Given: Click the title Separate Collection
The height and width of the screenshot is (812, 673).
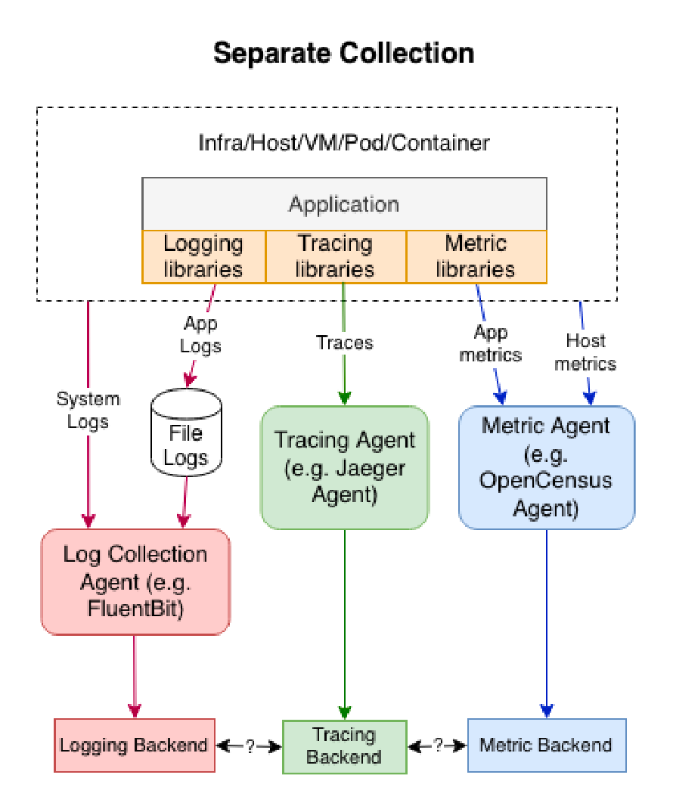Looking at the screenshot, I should click(343, 54).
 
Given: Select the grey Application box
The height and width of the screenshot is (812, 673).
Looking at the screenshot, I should click(344, 204).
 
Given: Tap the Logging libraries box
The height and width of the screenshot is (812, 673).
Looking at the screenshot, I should click(203, 256).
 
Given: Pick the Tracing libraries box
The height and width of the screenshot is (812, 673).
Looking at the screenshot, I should click(335, 256).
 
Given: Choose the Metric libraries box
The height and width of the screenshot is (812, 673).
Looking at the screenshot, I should click(476, 256).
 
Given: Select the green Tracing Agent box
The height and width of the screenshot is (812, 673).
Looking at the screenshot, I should click(344, 467).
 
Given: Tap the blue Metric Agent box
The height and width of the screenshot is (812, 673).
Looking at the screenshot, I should click(546, 467).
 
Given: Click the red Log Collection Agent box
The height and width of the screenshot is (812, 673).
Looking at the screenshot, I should click(135, 581).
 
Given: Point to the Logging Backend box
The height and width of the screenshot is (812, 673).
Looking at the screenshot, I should click(134, 745).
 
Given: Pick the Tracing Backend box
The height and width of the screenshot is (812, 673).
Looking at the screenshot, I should click(344, 746).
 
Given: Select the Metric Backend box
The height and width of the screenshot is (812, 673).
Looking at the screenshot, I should click(546, 745).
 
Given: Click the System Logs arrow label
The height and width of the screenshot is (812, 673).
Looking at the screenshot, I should click(88, 411).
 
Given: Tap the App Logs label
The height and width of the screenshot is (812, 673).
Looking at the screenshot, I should click(200, 335).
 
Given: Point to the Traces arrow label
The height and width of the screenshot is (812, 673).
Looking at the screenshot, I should click(344, 342).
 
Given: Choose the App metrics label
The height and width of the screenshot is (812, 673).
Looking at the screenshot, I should click(491, 342).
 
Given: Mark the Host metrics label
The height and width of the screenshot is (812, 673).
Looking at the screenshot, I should click(585, 352).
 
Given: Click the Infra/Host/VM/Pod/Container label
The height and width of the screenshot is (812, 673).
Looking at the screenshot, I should click(344, 143).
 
